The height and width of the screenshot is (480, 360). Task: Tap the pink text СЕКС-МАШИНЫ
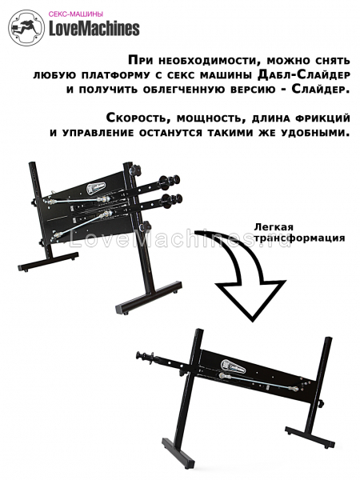coord(76,14)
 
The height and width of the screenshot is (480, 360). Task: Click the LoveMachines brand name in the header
coord(94,29)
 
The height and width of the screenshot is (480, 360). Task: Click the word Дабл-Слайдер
coord(303,74)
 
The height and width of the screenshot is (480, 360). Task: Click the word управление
coord(95,133)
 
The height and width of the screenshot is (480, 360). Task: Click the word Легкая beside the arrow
coord(274,227)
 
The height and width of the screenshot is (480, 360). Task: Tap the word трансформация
coord(299,238)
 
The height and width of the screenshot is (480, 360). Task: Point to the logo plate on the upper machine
coord(96,187)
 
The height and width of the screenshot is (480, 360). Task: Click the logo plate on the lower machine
coord(233,366)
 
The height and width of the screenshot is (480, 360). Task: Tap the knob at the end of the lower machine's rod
coord(142,355)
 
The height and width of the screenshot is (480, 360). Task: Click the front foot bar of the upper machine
coord(149,298)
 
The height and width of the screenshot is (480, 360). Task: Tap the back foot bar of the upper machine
coord(48,261)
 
